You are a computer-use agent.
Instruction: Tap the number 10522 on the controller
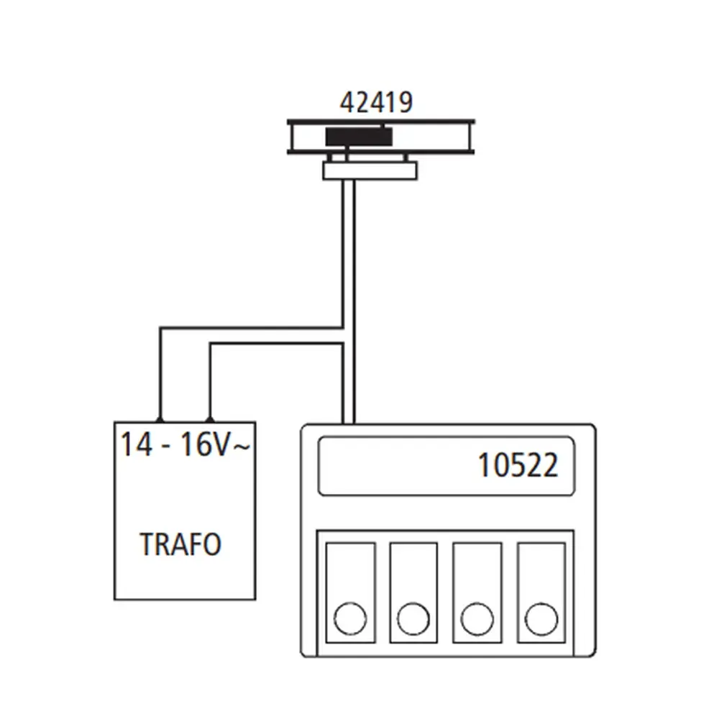(x=518, y=466)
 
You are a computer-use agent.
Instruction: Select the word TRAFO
(x=180, y=545)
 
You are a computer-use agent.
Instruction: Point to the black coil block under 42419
(x=359, y=137)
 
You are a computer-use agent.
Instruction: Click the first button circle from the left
(x=350, y=619)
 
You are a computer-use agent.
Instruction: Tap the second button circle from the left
(x=413, y=619)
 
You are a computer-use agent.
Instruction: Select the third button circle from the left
(x=477, y=619)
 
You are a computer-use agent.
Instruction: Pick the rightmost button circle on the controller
(x=541, y=619)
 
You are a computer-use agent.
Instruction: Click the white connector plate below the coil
(x=370, y=171)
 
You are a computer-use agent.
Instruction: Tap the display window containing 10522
(x=446, y=466)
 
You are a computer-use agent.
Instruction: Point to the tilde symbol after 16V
(x=243, y=446)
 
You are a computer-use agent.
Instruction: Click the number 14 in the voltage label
(x=134, y=445)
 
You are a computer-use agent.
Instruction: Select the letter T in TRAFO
(x=147, y=545)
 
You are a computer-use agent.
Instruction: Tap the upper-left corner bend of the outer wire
(x=160, y=329)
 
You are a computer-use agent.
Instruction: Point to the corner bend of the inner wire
(x=210, y=344)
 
